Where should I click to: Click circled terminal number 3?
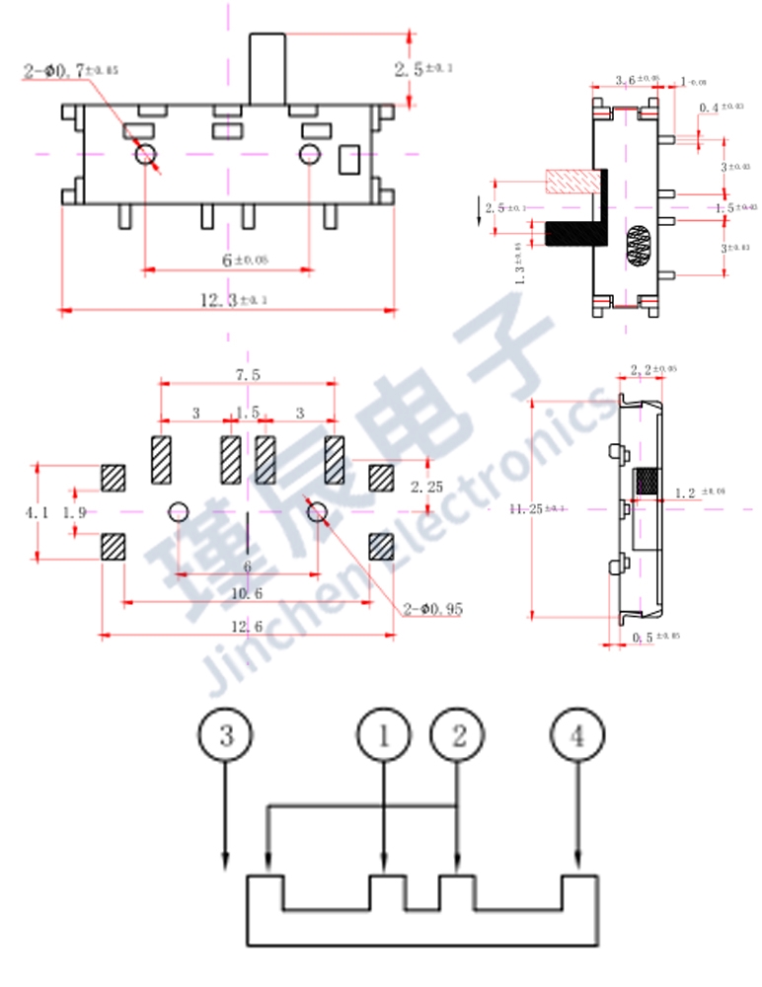226,734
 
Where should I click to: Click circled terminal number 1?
383,734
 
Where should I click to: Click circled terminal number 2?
458,734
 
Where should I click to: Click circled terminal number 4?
577,734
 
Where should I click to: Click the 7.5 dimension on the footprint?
248,375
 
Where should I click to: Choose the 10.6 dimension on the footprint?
247,593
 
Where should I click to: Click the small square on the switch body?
349,160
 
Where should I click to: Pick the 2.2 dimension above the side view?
652,369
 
